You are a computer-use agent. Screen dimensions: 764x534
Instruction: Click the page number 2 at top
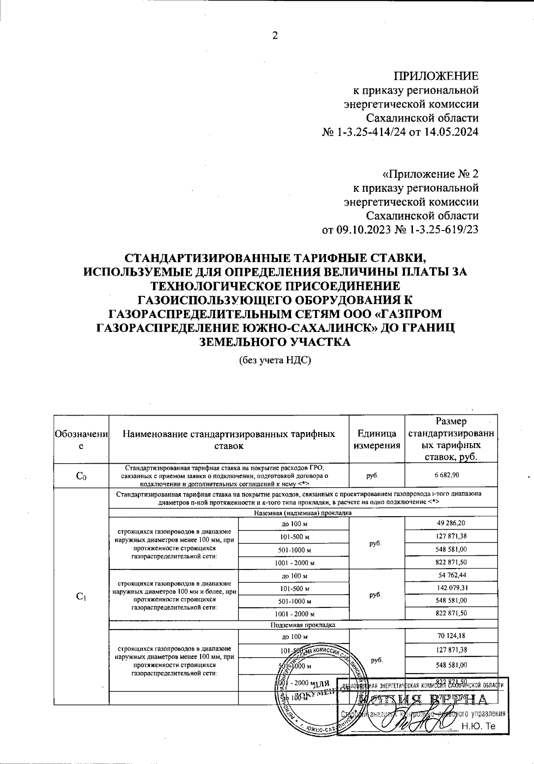[275, 36]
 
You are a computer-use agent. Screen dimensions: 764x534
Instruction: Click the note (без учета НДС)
[274, 360]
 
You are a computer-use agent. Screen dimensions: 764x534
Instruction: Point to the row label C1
[81, 597]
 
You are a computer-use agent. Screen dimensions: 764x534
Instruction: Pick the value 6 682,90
[451, 475]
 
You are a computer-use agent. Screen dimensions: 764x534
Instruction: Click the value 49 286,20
[451, 523]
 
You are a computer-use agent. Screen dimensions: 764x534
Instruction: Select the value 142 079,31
[451, 588]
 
